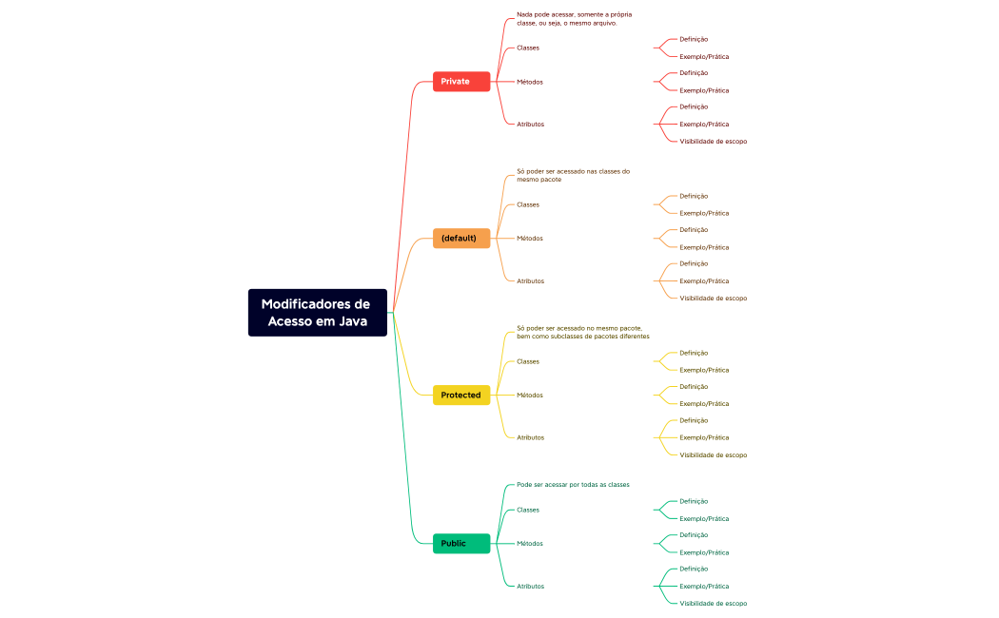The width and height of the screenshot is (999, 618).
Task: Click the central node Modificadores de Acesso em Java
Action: (317, 313)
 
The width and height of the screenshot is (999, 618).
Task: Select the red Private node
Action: (461, 82)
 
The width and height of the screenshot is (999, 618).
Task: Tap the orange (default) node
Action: (461, 239)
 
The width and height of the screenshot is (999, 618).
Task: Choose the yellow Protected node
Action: (461, 395)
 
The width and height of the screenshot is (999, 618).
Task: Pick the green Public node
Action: (461, 544)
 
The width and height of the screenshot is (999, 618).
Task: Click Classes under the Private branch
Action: (528, 48)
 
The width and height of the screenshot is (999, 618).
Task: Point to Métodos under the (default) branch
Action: (530, 239)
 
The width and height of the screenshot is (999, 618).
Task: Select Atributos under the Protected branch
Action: (531, 437)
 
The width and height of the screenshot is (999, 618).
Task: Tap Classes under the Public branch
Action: (528, 510)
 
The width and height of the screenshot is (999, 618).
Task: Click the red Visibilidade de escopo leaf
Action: (713, 142)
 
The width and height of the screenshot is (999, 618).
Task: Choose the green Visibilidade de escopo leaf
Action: (713, 604)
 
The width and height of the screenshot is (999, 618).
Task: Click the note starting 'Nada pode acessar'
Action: (574, 19)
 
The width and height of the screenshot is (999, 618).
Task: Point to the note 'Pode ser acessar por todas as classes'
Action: (573, 485)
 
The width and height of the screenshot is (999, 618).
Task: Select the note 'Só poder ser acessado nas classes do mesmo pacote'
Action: (573, 175)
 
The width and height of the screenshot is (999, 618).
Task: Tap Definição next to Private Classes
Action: (694, 39)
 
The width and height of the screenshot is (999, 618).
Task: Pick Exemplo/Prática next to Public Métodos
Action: (704, 552)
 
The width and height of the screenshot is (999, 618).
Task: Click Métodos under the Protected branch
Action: (530, 395)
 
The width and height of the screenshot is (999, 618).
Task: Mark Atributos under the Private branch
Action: (531, 125)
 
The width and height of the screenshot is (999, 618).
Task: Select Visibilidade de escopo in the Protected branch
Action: (713, 455)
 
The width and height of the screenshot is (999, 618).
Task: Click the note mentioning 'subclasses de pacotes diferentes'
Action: (582, 332)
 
